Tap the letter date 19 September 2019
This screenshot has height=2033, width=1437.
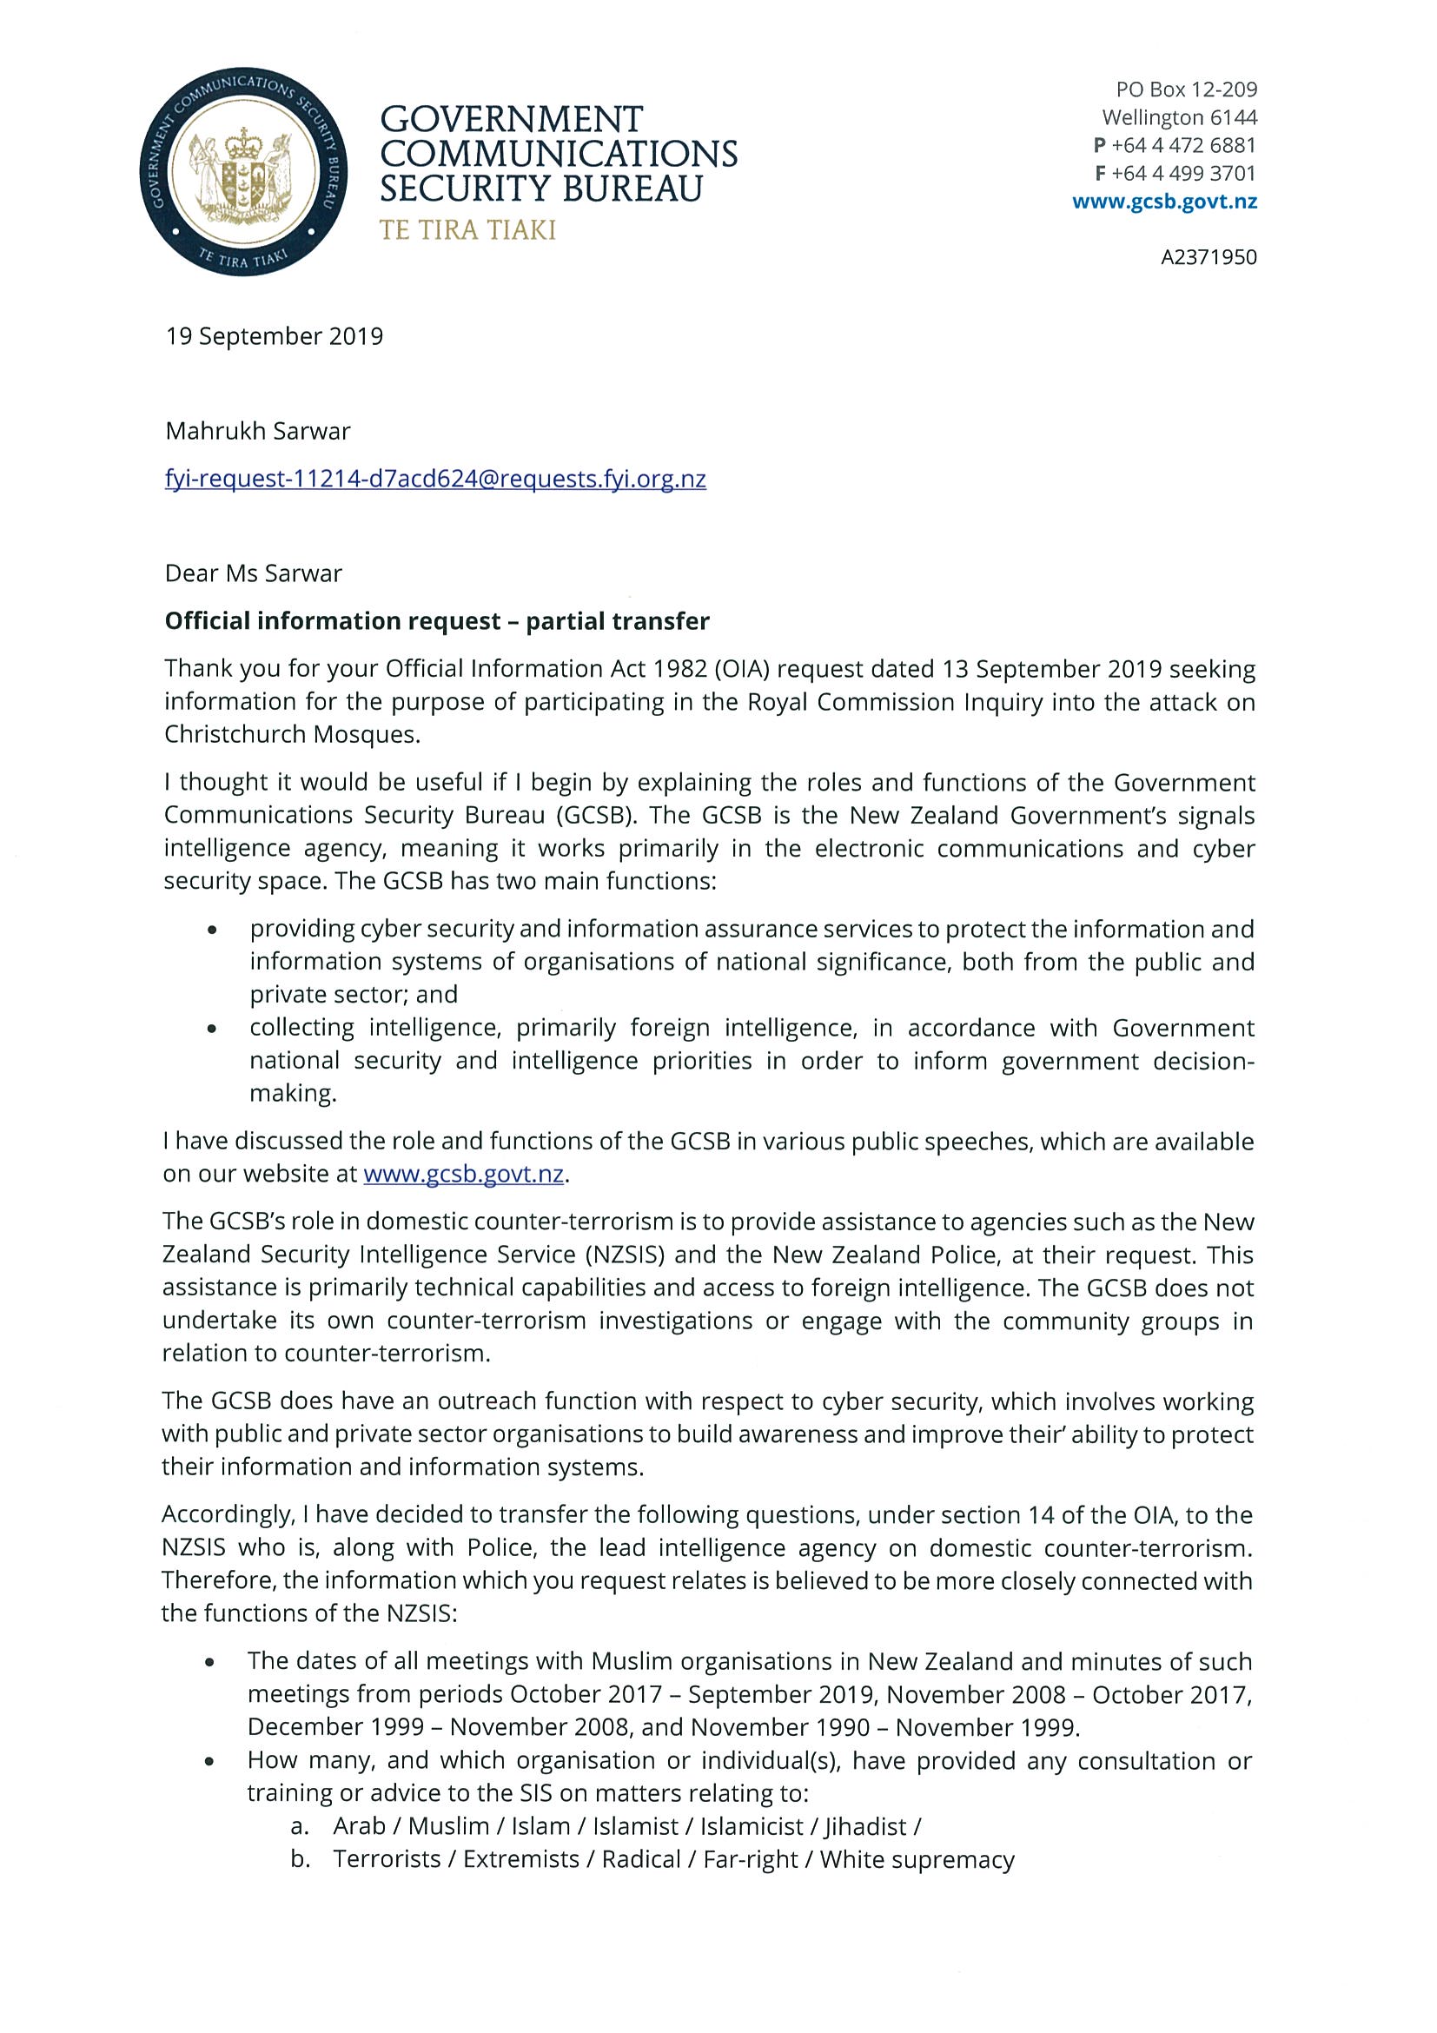(x=275, y=336)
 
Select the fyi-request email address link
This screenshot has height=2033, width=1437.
(x=435, y=479)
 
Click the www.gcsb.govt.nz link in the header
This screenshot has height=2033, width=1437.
(x=1164, y=201)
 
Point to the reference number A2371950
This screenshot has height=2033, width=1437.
(x=1209, y=257)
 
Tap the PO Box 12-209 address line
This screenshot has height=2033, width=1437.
(x=1187, y=89)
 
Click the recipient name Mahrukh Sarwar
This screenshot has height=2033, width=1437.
(x=258, y=431)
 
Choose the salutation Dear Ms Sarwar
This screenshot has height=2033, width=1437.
(x=253, y=573)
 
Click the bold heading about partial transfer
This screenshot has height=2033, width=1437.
(x=437, y=621)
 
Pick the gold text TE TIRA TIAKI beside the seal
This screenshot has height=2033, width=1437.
(x=467, y=230)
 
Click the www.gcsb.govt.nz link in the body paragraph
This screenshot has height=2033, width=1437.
(x=464, y=1174)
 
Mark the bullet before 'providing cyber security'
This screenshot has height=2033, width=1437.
(x=211, y=930)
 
